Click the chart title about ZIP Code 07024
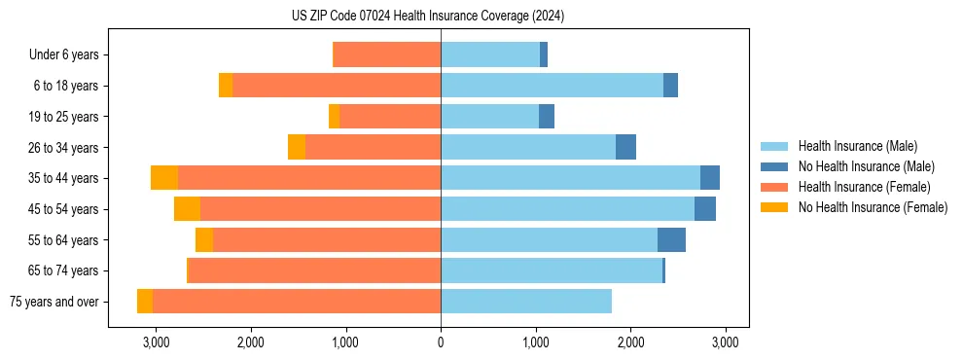(x=428, y=17)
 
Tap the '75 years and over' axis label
(x=54, y=302)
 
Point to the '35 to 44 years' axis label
(x=64, y=178)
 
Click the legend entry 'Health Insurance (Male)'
(x=857, y=146)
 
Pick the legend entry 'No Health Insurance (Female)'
(x=873, y=207)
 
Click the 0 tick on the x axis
(x=441, y=342)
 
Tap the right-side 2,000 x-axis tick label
(x=630, y=342)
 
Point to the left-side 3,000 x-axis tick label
(x=156, y=342)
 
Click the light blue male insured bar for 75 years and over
(x=526, y=302)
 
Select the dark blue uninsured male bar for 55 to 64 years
(x=671, y=240)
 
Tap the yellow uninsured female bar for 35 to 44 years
(x=164, y=178)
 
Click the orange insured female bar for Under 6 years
(x=387, y=55)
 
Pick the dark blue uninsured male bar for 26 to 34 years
(x=625, y=148)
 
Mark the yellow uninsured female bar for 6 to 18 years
(x=226, y=86)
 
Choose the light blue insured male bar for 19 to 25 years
(x=489, y=117)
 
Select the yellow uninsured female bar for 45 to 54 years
(x=187, y=209)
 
